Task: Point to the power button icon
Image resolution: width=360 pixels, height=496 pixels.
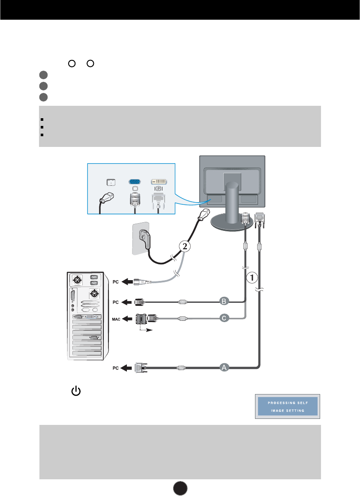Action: click(x=75, y=391)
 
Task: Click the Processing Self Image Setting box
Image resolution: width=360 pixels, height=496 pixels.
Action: click(x=288, y=406)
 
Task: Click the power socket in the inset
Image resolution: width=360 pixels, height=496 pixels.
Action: click(x=111, y=182)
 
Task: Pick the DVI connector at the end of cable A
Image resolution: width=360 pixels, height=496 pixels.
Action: click(x=140, y=367)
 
